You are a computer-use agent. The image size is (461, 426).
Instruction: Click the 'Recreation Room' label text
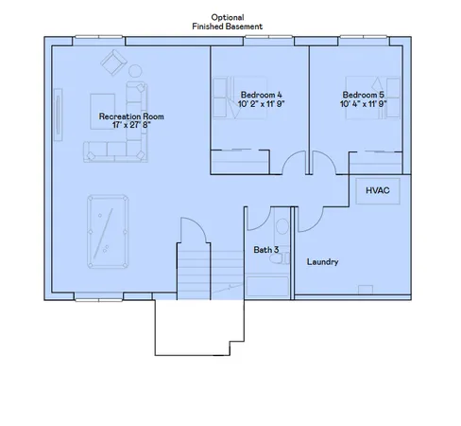coord(131,116)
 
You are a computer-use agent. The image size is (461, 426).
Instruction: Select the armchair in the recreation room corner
coord(112,62)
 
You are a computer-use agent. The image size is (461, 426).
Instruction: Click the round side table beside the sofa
coord(133,71)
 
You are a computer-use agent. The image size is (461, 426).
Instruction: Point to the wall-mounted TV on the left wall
coord(60,116)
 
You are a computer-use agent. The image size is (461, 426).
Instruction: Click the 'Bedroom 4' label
coord(261,95)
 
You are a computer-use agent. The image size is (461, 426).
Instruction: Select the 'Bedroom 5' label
coord(363,95)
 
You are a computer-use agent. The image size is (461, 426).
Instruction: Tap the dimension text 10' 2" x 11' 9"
coord(261,104)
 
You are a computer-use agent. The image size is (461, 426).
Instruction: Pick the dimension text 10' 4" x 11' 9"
coord(363,104)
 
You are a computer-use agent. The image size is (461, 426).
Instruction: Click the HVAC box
coord(378,191)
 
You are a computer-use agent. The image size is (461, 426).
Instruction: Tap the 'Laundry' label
coord(323,261)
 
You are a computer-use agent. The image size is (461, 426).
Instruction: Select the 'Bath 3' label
coord(265,250)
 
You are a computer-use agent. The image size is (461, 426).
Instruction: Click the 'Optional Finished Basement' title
coord(227,22)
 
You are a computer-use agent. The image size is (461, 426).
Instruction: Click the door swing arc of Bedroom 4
coord(294,165)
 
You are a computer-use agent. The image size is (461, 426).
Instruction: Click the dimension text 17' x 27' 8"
coord(131,126)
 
